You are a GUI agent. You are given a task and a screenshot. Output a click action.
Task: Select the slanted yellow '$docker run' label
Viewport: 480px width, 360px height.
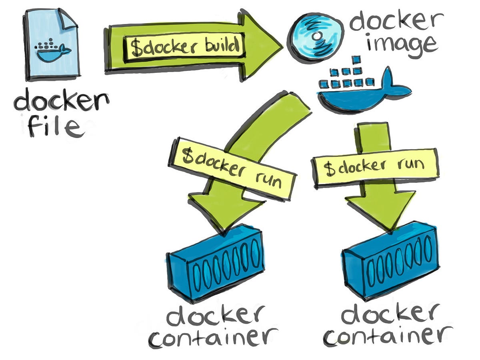(x=232, y=168)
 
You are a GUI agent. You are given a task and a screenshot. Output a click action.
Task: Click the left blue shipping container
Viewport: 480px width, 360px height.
(x=216, y=264)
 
